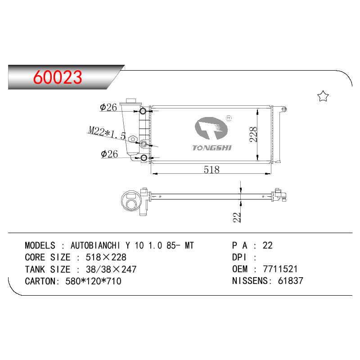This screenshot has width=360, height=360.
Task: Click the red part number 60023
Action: pos(58,77)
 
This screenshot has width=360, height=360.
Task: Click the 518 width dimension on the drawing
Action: pos(211,170)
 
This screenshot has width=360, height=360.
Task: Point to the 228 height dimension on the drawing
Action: pos(253,135)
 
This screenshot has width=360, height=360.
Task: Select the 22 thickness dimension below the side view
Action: pos(237,217)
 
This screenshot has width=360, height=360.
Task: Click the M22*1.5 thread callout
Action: pos(107,133)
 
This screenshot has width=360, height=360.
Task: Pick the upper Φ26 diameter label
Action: pos(108,107)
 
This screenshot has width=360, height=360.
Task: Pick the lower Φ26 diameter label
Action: pos(109,154)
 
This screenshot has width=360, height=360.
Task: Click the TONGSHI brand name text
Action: pos(212,148)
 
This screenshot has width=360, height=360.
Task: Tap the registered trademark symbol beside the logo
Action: pos(229,118)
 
